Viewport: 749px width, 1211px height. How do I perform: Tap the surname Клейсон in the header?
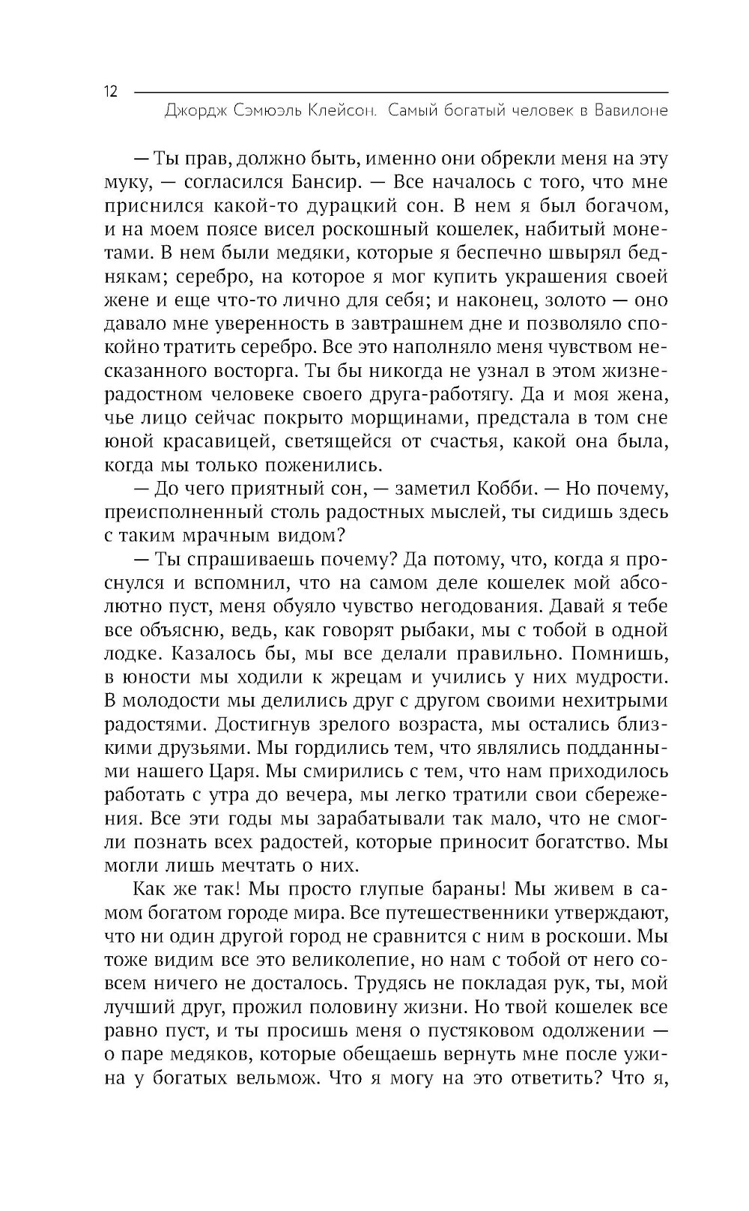[342, 112]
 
